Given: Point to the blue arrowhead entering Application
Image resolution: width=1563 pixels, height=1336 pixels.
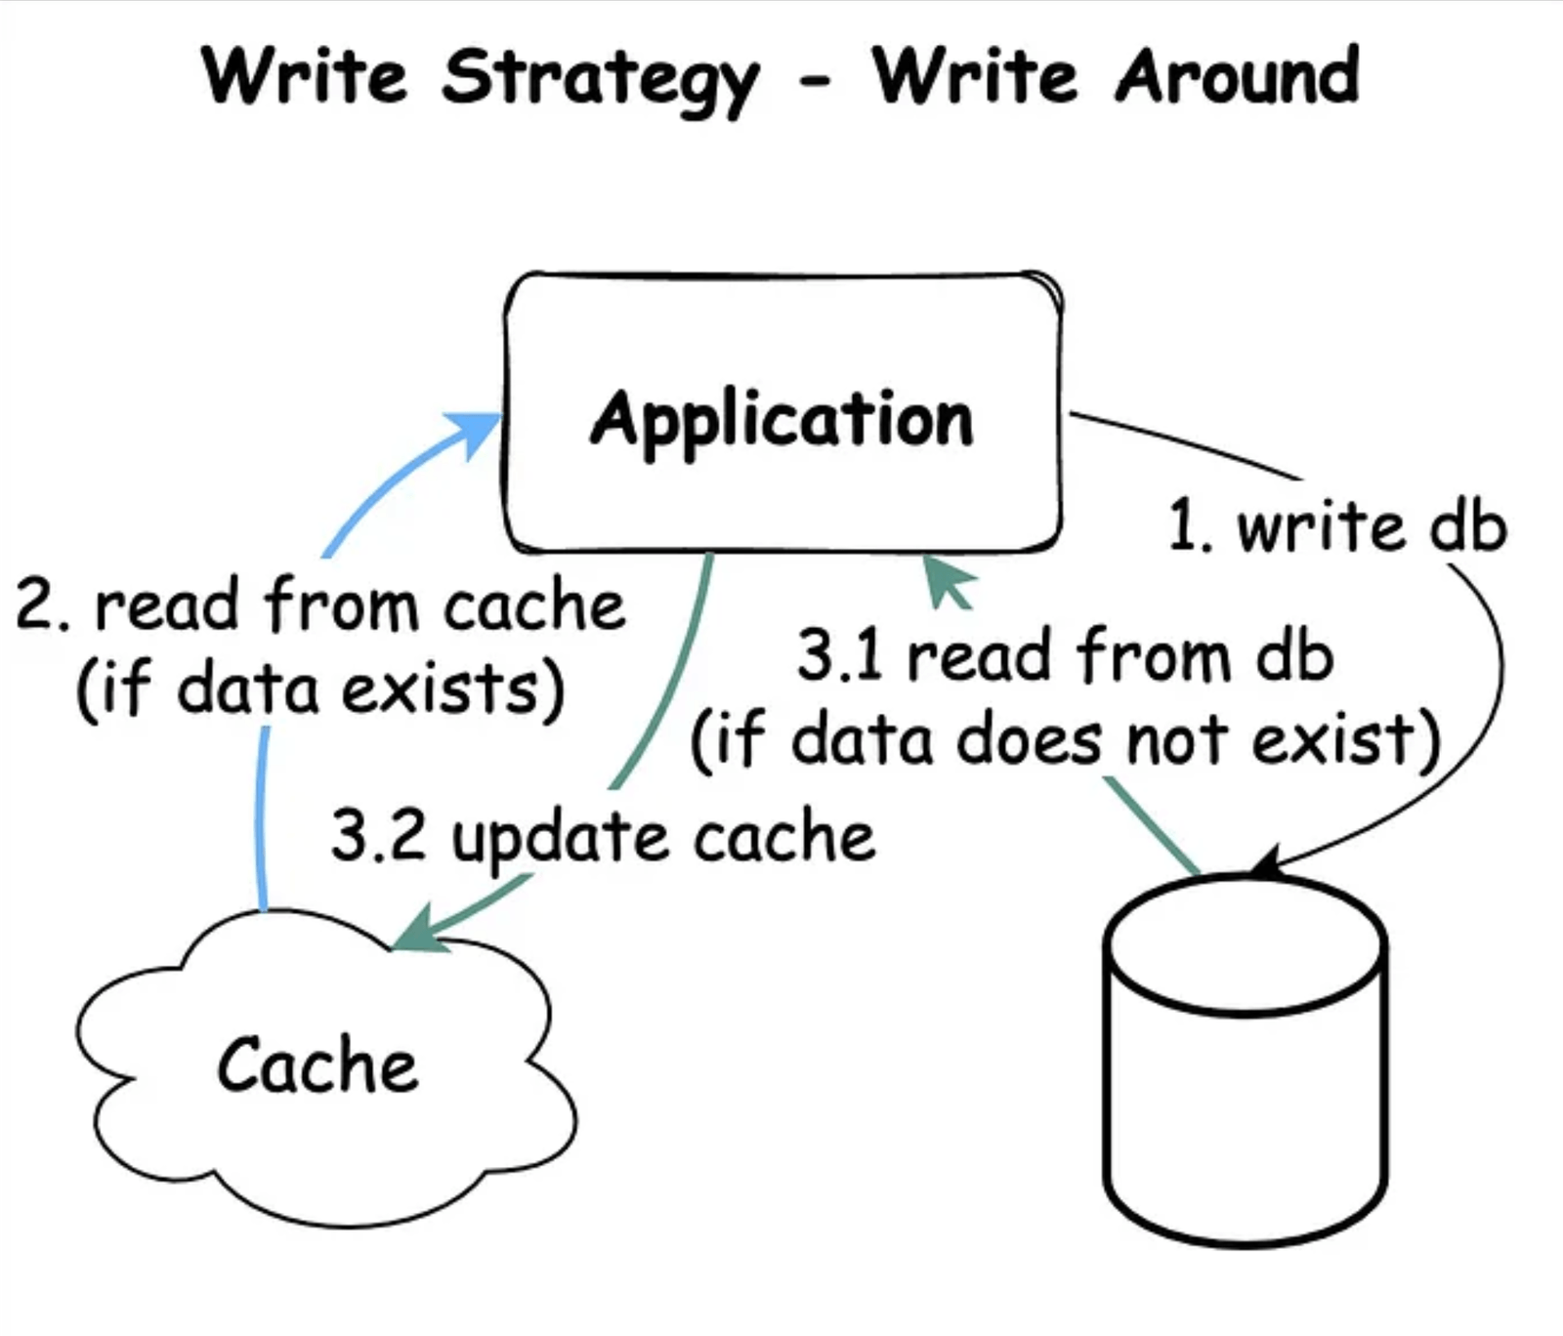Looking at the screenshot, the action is click(x=475, y=433).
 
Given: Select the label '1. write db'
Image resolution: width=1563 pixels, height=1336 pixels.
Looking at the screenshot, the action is click(x=1337, y=527).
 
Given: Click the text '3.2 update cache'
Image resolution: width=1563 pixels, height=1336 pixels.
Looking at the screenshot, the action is click(x=603, y=837).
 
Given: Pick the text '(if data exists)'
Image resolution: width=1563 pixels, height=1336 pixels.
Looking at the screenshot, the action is click(x=320, y=689).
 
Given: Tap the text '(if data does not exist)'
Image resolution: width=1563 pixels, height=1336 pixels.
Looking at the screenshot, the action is click(x=1066, y=739).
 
